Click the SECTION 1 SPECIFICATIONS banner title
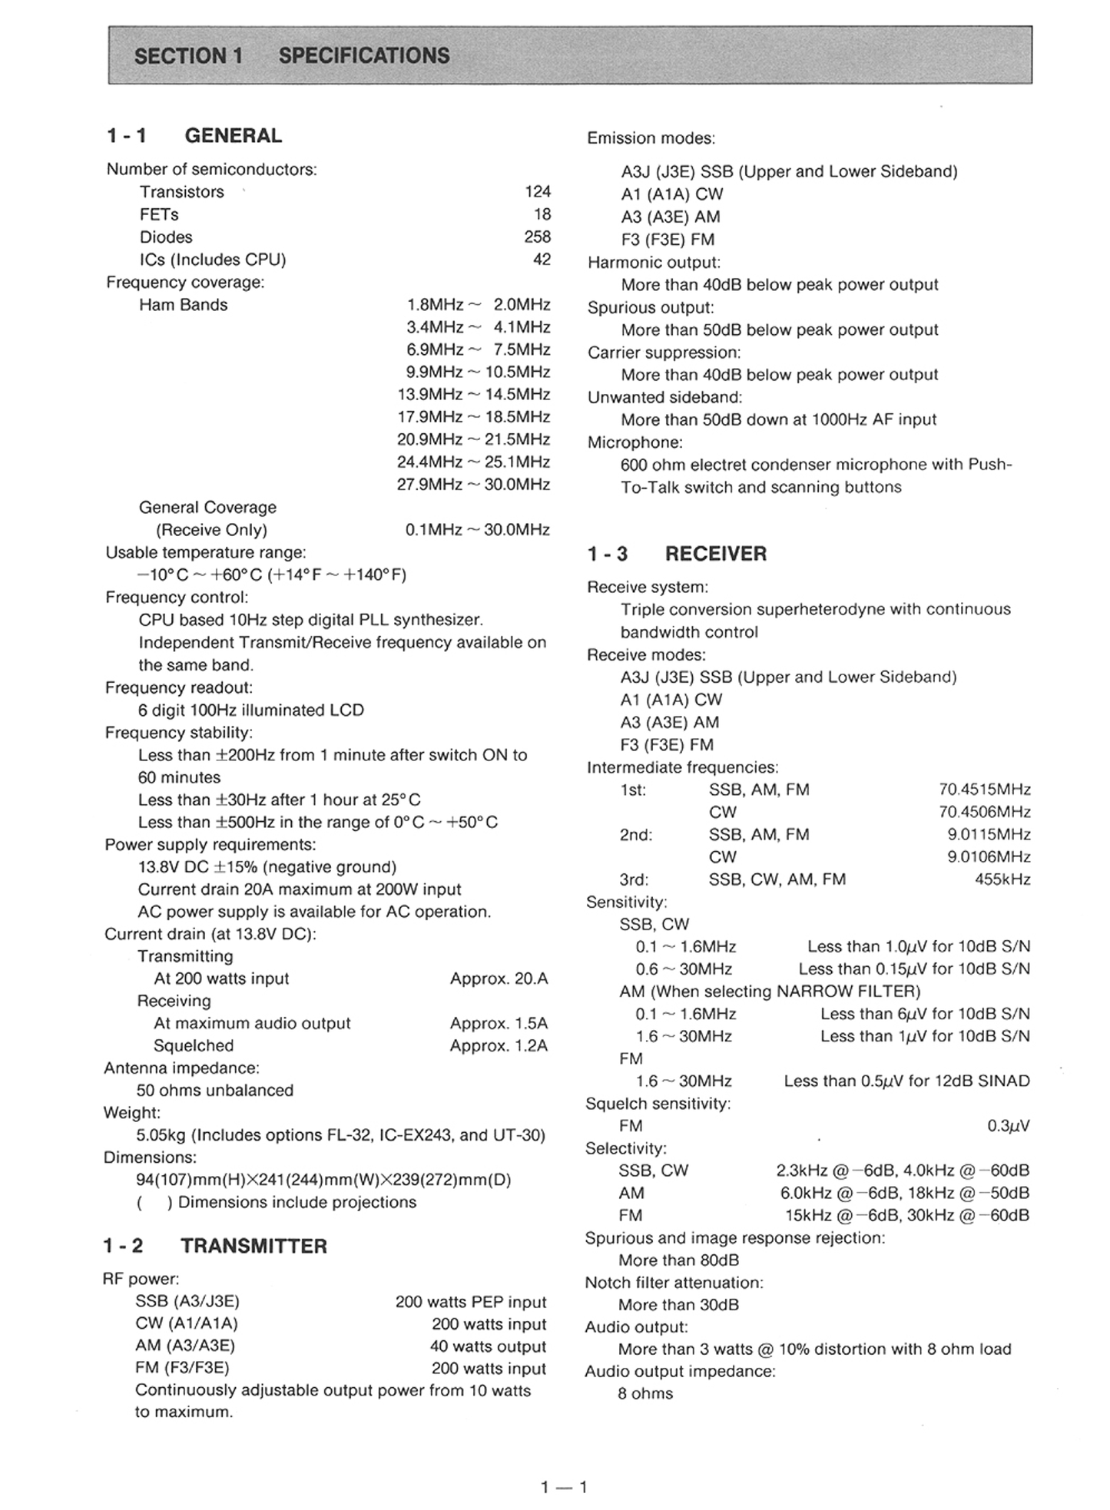tap(292, 56)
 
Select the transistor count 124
tap(538, 191)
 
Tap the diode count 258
tap(538, 237)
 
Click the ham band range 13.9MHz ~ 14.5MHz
tap(473, 394)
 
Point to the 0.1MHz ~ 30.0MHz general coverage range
tap(477, 530)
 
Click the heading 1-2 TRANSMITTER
tap(215, 1246)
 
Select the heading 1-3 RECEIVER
tap(677, 554)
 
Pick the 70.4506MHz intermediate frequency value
tap(984, 812)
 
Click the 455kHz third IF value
tap(1002, 879)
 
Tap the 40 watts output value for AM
tap(488, 1346)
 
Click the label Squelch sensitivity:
tap(658, 1104)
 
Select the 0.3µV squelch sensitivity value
tap(1008, 1126)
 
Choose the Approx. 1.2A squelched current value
tap(499, 1045)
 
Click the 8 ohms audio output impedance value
tap(645, 1394)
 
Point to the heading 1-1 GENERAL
tap(194, 136)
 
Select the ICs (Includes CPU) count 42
tap(542, 260)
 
